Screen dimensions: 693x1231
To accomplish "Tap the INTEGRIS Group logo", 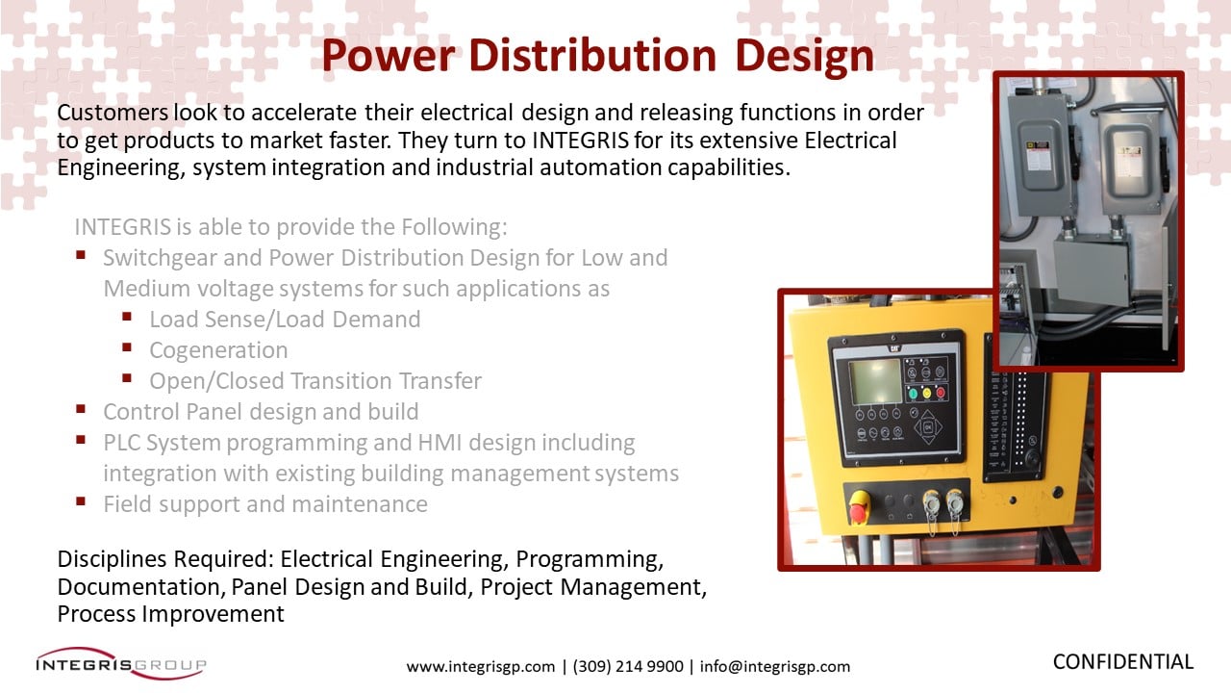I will (x=120, y=663).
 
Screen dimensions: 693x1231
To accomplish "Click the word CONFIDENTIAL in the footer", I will (x=1122, y=662).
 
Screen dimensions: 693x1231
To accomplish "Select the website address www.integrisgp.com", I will (x=480, y=666).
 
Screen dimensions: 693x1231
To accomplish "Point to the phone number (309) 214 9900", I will (x=628, y=666).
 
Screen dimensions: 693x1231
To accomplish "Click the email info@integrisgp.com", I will (x=775, y=666).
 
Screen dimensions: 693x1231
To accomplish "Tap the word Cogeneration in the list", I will (x=218, y=350).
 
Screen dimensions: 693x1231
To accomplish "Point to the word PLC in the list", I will (x=123, y=443).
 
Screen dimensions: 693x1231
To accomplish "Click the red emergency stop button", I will (x=858, y=504).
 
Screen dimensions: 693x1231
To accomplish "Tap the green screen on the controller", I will (x=874, y=381).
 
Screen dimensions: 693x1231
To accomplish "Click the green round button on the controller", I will (x=913, y=393).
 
